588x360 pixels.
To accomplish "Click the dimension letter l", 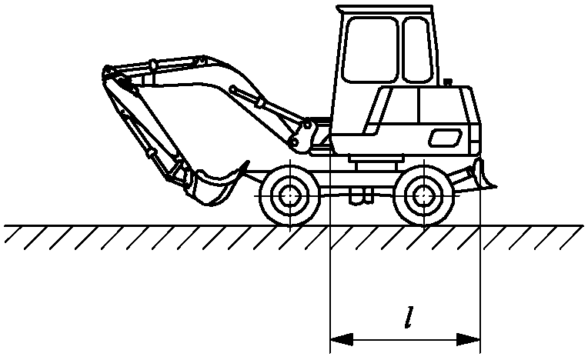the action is click(x=410, y=317).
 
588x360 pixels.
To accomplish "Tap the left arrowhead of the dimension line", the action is click(x=341, y=339).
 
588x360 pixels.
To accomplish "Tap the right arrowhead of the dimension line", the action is click(x=469, y=339).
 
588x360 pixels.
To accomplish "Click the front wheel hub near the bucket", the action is click(x=289, y=196).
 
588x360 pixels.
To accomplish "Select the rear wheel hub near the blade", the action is click(x=423, y=195).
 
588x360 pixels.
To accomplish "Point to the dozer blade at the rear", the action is click(x=484, y=174).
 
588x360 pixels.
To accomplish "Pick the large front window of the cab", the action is click(x=370, y=50).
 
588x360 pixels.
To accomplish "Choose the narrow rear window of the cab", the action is click(x=417, y=50).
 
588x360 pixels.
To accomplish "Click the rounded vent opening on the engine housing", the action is click(x=445, y=138).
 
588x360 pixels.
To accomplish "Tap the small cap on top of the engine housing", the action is click(x=447, y=82).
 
